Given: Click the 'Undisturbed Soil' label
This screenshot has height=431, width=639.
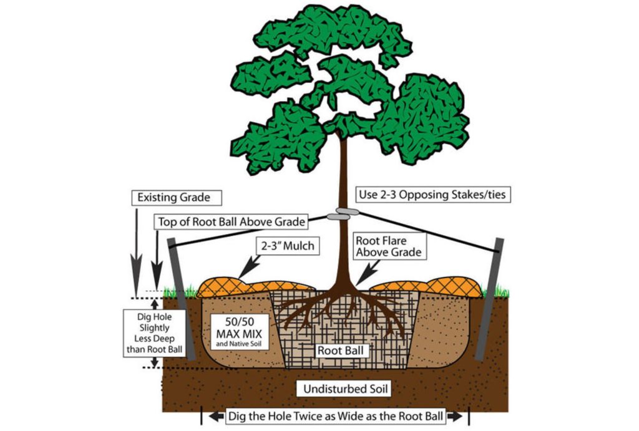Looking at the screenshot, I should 339,390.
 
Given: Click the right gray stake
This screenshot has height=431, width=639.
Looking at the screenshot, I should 490,299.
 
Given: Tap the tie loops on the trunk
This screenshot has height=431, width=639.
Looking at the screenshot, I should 342,214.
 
